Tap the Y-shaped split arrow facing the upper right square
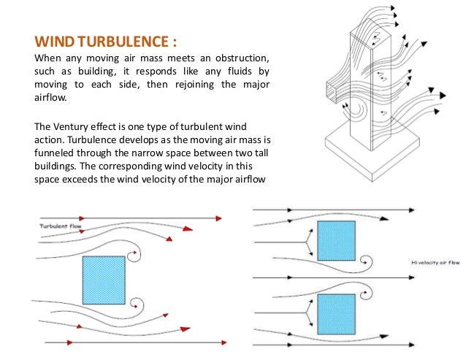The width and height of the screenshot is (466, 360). click(x=307, y=242)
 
